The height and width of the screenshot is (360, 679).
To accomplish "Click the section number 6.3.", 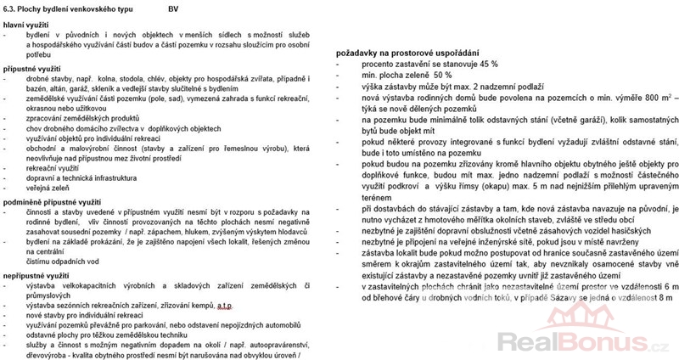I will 10,8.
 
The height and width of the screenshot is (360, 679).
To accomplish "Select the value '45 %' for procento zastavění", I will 487,65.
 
